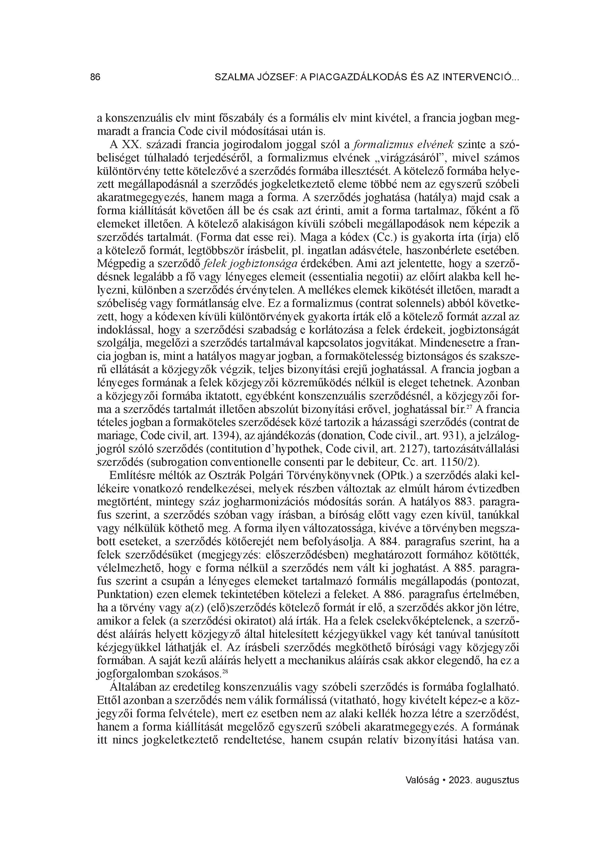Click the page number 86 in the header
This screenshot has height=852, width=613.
tap(96, 77)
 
